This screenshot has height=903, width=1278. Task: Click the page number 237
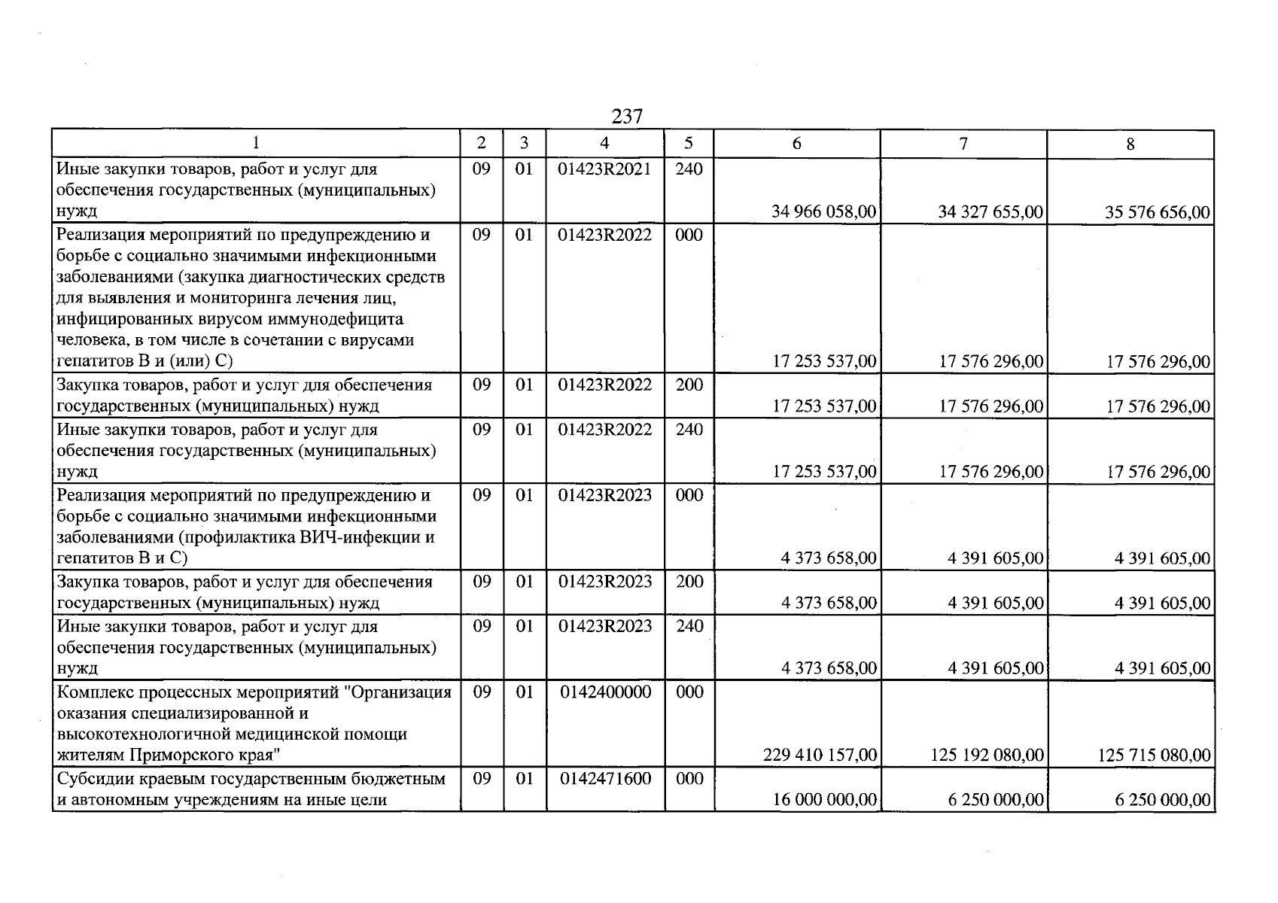[627, 117]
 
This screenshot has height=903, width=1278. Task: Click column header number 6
[797, 144]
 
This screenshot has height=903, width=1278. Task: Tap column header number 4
[604, 143]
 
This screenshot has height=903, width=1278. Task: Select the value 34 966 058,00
[824, 212]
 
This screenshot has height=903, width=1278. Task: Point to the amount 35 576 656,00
[1158, 213]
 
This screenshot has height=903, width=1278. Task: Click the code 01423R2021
[604, 169]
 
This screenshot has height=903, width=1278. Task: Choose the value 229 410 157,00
[820, 755]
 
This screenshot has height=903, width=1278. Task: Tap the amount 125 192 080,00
[987, 755]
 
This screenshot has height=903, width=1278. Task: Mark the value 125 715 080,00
[1154, 755]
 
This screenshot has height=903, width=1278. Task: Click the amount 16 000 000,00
[825, 800]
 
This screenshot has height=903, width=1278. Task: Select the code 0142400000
[605, 692]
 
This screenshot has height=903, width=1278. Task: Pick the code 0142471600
[605, 779]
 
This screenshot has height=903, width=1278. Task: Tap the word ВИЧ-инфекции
[360, 538]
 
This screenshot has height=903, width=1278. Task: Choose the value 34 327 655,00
[990, 212]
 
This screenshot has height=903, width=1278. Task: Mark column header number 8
[1130, 144]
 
